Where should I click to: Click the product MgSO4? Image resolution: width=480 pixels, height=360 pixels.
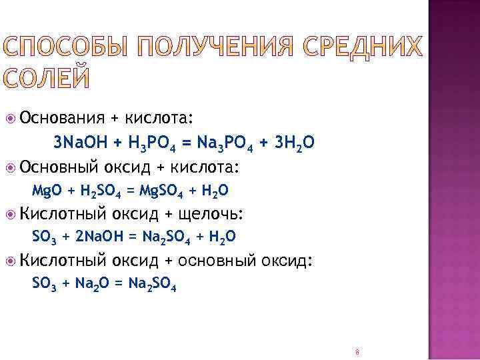click(159, 191)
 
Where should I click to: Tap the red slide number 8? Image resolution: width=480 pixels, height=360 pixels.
click(357, 351)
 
